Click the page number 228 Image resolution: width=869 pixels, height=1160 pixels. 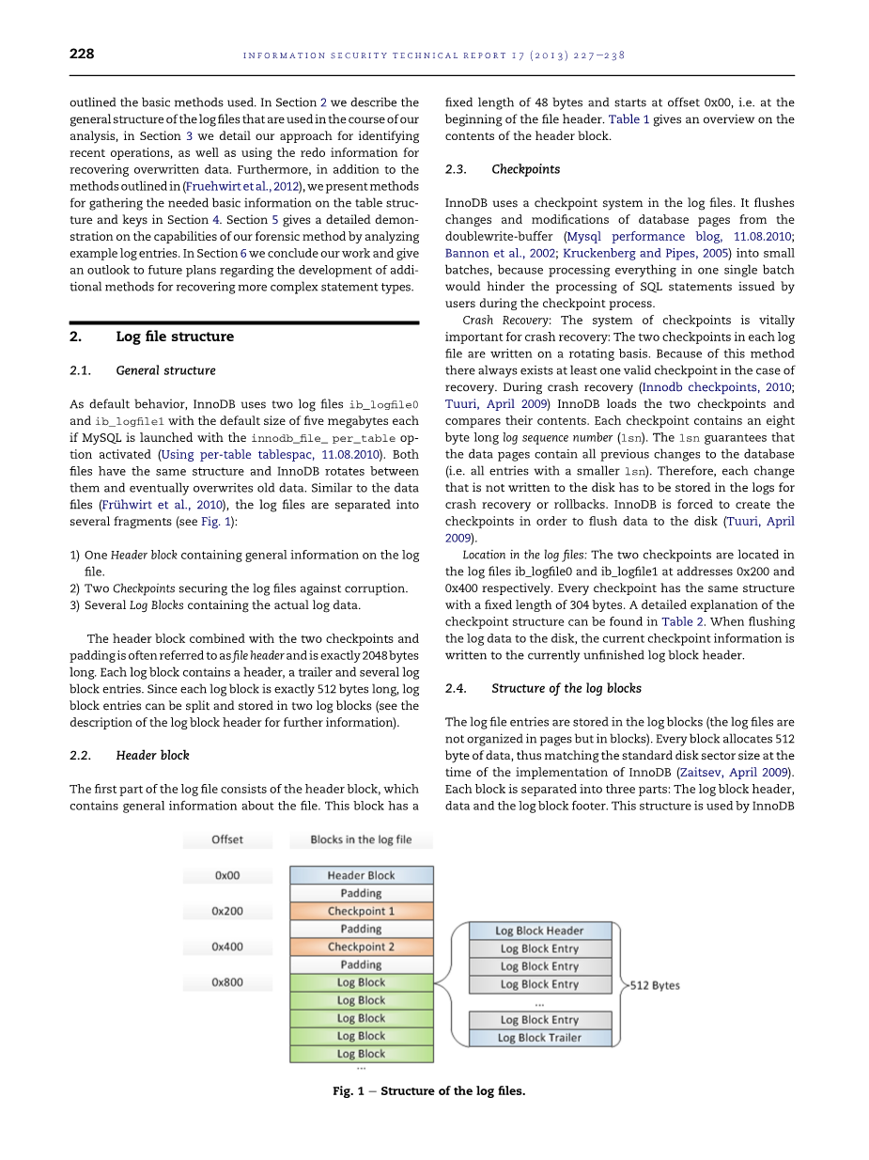click(x=82, y=55)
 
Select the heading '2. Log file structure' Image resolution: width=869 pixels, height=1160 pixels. click(x=151, y=337)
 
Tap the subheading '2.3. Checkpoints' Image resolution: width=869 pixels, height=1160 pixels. click(x=502, y=169)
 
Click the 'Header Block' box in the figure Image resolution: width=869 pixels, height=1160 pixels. click(x=362, y=875)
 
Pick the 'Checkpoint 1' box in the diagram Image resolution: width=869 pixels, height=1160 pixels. click(x=362, y=911)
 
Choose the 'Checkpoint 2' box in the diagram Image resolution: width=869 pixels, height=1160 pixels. click(x=362, y=947)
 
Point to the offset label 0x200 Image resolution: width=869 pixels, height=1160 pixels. click(x=227, y=911)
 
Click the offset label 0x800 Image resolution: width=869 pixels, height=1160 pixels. click(x=227, y=982)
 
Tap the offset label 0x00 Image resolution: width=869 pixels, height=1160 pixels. click(x=227, y=875)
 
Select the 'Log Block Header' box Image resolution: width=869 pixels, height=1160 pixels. click(x=540, y=931)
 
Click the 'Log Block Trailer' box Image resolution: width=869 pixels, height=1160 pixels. click(x=540, y=1038)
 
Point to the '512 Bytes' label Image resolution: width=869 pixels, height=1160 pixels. click(x=655, y=985)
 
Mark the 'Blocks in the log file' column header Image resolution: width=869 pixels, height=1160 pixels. click(x=362, y=839)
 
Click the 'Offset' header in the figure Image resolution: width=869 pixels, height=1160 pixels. click(x=227, y=839)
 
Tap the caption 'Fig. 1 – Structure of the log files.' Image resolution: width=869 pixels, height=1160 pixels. click(x=429, y=1090)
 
